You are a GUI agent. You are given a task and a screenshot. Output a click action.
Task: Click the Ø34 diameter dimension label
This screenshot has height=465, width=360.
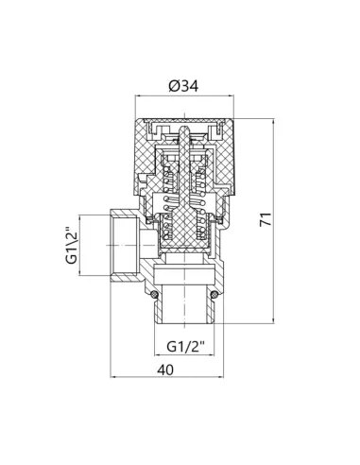(x=183, y=86)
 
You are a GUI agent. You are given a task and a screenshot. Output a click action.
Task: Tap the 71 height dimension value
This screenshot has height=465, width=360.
(x=266, y=219)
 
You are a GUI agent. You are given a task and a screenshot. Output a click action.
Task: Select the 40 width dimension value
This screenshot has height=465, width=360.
(x=165, y=370)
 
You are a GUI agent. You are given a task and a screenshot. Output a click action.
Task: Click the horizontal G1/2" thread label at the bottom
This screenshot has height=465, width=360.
(x=186, y=347)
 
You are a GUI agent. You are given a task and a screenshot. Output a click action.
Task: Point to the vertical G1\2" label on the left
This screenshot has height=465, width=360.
(x=71, y=245)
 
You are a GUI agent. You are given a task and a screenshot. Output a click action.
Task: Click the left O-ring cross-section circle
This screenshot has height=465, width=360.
(x=154, y=295)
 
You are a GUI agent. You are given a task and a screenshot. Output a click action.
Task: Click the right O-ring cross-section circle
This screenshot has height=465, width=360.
(x=214, y=295)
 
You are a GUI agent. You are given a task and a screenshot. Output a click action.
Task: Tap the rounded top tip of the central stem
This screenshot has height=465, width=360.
(x=184, y=129)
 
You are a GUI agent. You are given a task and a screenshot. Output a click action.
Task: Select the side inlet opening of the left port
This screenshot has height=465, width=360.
(x=126, y=245)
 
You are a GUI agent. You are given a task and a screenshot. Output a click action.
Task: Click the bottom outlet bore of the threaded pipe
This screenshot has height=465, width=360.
(x=184, y=304)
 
